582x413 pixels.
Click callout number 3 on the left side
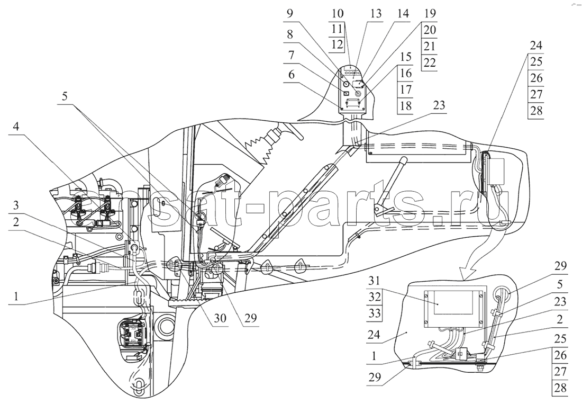16,206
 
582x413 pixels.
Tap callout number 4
16,127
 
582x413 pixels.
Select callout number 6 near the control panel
290,75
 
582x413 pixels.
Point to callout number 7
290,56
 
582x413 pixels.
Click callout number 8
290,34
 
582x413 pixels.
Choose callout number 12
337,44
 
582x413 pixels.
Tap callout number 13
376,14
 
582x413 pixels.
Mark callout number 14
402,14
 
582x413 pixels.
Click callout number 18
406,106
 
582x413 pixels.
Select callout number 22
430,62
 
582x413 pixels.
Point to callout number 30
220,318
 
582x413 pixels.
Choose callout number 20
430,30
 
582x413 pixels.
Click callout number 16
406,73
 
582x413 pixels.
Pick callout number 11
337,29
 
